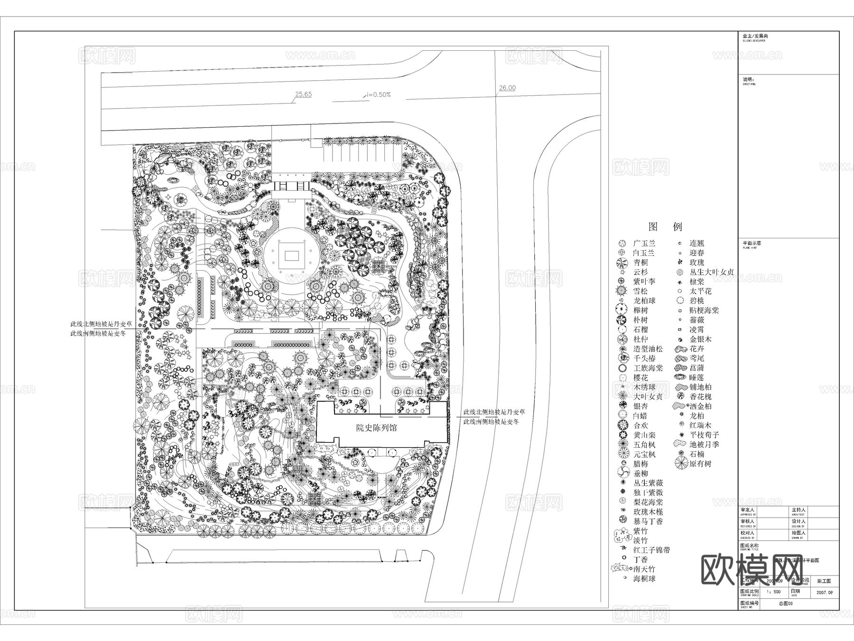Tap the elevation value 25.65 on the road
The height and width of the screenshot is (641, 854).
[x=303, y=94]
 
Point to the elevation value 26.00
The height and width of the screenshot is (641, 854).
[x=507, y=88]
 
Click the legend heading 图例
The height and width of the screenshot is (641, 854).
[x=665, y=226]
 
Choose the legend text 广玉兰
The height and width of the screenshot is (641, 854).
[x=644, y=243]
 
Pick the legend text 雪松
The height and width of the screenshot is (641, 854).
[x=640, y=291]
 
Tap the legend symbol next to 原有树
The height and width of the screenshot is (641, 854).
[x=681, y=463]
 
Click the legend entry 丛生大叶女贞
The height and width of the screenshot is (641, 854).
[x=712, y=272]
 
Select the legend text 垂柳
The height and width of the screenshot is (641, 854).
[x=640, y=473]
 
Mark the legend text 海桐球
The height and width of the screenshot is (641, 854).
[x=644, y=579]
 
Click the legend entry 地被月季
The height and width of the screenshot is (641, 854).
[x=704, y=444]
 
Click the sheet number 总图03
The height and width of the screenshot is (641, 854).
[x=786, y=604]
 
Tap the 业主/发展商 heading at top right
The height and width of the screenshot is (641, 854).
[x=755, y=36]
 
